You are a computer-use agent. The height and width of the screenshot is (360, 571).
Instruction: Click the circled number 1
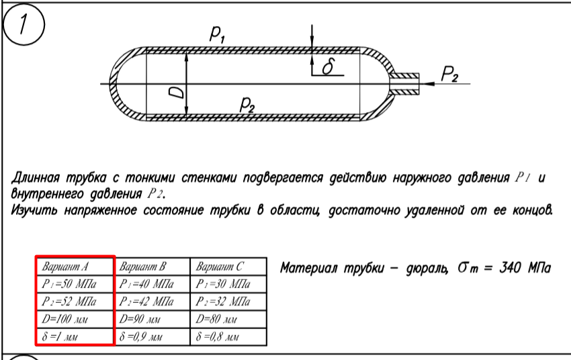[x=24, y=24]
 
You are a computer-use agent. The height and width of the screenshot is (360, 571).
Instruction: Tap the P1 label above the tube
[x=218, y=34]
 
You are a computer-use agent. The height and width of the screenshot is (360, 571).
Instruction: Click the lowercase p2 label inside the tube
[x=247, y=105]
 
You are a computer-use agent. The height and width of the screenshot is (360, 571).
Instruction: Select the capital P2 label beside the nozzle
[x=449, y=75]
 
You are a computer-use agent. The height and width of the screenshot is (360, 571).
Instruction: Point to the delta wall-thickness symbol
[x=328, y=66]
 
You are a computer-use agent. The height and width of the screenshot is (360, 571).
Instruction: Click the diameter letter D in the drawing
[x=177, y=93]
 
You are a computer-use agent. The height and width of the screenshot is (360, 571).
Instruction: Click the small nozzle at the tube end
[x=405, y=84]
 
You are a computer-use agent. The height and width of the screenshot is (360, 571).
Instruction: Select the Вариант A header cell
[x=75, y=267]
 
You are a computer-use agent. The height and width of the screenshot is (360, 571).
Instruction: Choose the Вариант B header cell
[x=152, y=267]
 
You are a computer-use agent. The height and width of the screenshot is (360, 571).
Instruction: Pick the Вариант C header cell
[x=228, y=267]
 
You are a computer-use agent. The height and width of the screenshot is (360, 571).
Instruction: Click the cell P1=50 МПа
[x=75, y=284]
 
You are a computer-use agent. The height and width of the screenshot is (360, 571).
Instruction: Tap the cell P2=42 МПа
[x=152, y=302]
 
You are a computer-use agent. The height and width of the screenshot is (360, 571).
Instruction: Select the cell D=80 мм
[x=228, y=319]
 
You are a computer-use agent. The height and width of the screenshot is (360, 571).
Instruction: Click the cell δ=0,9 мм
[x=152, y=336]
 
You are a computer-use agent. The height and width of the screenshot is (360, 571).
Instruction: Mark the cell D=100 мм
[x=75, y=319]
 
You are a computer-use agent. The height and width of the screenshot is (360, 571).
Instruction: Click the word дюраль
[x=427, y=269]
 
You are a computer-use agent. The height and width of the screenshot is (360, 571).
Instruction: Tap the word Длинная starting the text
[x=36, y=178]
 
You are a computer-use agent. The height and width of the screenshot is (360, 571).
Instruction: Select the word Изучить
[x=34, y=210]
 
